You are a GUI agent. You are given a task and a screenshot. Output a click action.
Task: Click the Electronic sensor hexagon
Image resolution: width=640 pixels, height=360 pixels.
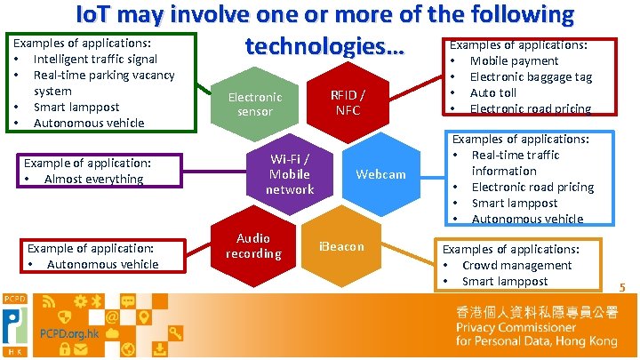(254, 104)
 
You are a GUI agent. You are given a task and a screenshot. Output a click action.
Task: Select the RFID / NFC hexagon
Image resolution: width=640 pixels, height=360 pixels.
(348, 102)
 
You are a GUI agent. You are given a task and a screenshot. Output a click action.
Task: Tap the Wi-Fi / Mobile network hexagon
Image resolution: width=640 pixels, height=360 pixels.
(290, 173)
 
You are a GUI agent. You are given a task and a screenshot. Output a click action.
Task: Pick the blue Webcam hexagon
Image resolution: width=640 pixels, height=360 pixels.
(380, 174)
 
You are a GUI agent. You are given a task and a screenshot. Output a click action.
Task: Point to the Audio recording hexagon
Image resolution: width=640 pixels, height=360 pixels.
(253, 246)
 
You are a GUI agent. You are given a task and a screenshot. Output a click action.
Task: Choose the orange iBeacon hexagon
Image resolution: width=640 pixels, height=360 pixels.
(342, 246)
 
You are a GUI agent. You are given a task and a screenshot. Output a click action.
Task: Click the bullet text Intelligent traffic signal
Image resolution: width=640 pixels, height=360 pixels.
(95, 59)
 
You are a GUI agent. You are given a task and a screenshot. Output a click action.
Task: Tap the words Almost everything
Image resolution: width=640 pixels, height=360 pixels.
(93, 179)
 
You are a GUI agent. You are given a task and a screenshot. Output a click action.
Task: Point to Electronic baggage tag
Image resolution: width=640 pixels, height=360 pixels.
(531, 76)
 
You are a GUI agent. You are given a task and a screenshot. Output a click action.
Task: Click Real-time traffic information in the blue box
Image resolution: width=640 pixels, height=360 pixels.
(516, 163)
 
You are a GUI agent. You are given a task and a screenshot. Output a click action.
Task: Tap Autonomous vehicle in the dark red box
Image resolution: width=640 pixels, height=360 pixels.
(102, 264)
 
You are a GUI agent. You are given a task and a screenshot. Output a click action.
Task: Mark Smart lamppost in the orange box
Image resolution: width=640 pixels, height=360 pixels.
(505, 281)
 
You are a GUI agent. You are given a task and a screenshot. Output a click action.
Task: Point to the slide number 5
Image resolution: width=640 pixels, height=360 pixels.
(622, 287)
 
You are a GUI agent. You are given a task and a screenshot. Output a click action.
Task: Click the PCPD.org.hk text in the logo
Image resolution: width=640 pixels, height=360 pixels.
(69, 334)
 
